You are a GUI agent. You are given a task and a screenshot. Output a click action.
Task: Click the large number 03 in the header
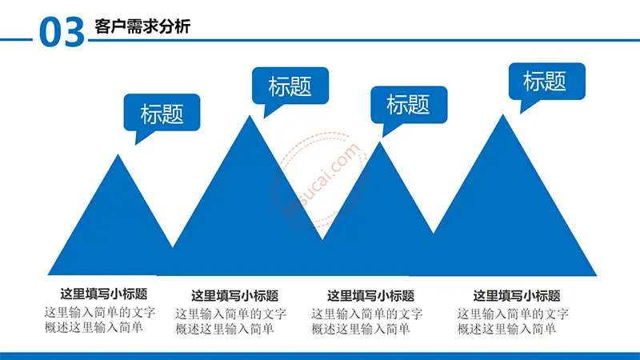tap(62, 32)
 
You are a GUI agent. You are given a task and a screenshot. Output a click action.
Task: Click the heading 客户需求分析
tap(142, 26)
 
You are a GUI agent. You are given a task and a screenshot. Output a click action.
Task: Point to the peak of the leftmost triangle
tap(118, 154)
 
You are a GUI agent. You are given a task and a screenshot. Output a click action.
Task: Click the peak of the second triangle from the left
tap(250, 116)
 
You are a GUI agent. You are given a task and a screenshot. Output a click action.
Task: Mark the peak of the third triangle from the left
tap(379, 142)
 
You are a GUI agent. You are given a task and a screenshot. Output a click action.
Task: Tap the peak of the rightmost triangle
tap(503, 114)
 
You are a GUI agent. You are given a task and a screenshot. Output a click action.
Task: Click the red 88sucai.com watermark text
tap(321, 182)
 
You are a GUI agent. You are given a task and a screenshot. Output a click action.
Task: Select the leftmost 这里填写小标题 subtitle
tap(104, 294)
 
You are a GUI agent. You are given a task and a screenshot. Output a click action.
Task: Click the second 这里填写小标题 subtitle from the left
tap(234, 295)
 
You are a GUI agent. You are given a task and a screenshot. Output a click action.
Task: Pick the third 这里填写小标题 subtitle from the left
tap(370, 295)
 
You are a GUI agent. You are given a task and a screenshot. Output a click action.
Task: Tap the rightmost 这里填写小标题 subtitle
tap(517, 295)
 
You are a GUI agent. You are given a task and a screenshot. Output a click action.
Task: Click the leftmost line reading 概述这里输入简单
tap(94, 327)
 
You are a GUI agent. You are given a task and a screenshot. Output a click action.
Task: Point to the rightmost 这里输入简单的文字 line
tap(513, 314)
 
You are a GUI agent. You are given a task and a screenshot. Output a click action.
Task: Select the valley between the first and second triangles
tap(173, 246)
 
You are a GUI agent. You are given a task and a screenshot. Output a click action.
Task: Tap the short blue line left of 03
tap(16, 39)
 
